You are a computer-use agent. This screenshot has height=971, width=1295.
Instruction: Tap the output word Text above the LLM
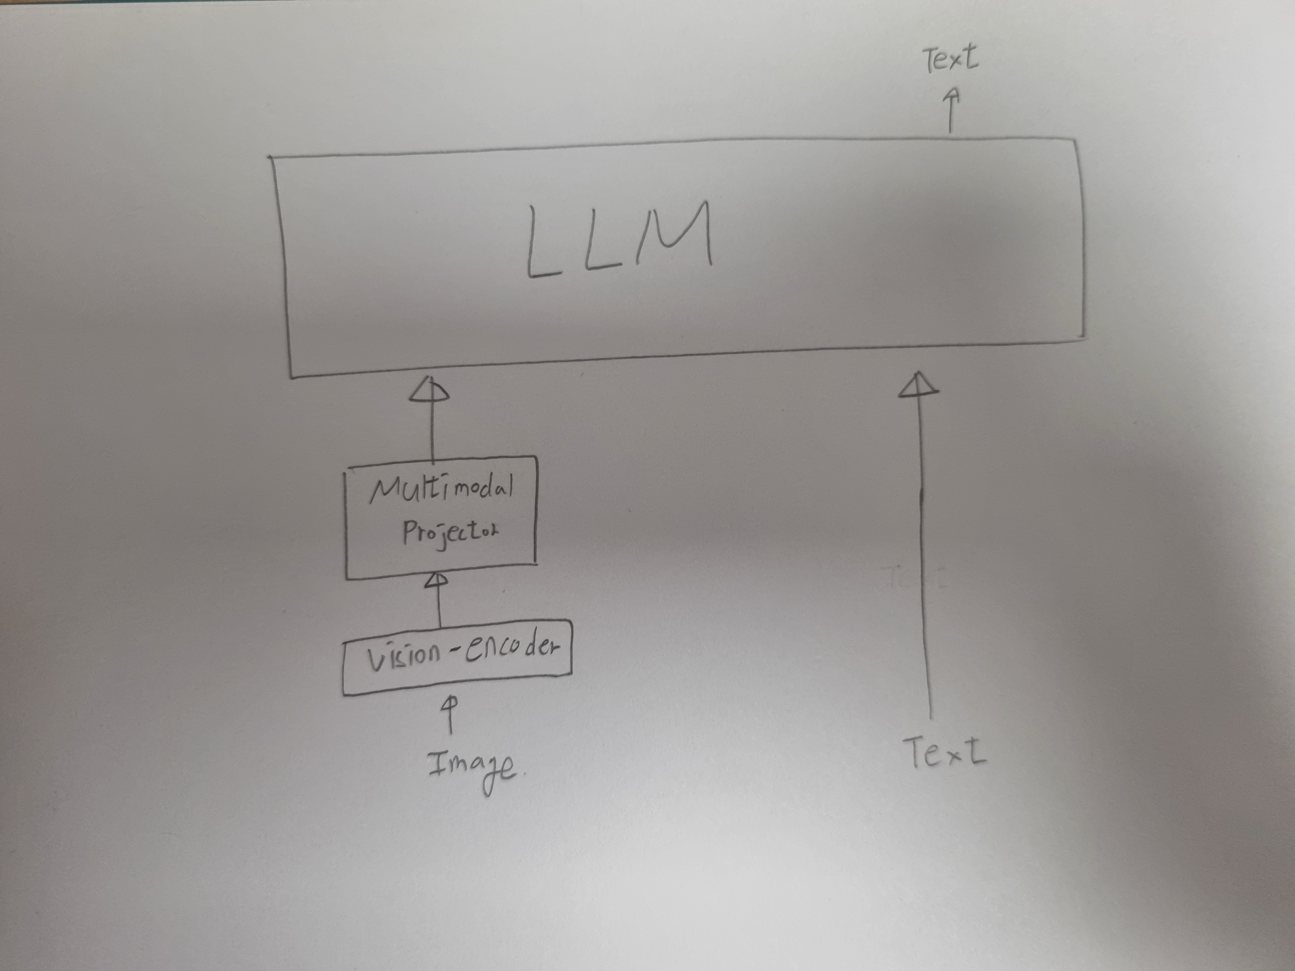point(950,58)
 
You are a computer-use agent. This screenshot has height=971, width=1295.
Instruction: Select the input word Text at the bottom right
point(944,752)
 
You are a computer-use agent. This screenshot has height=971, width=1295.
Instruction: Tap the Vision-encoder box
point(457,657)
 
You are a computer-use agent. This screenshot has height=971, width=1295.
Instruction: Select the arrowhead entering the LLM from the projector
point(429,389)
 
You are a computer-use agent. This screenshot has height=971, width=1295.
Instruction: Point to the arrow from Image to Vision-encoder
point(450,714)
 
